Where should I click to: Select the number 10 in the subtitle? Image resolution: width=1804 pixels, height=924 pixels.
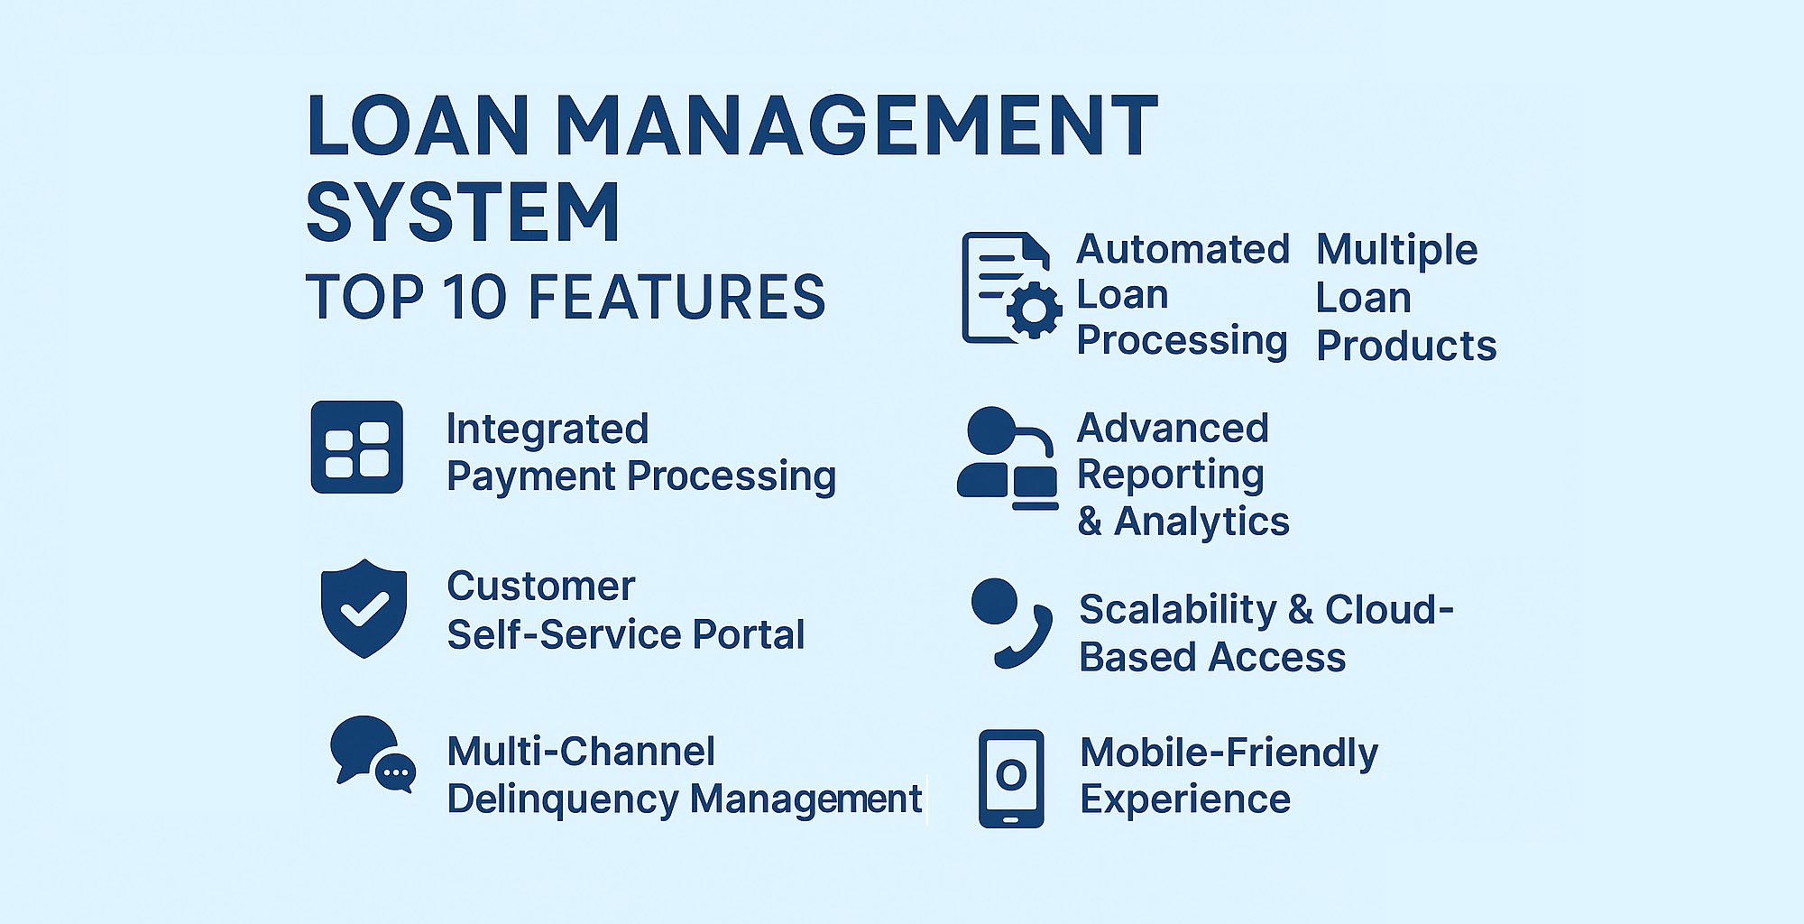(474, 297)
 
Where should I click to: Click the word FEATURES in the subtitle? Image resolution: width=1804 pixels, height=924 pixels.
(676, 297)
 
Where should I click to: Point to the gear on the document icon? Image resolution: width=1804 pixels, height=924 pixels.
(1034, 310)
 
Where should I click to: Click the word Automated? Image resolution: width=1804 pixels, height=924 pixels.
(1183, 249)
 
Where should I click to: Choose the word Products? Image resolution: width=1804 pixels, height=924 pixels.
(1406, 346)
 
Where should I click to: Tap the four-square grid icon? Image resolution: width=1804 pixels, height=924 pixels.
(357, 448)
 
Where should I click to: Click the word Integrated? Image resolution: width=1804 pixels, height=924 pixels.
(548, 430)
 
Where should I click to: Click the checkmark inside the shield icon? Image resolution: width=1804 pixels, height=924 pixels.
(364, 609)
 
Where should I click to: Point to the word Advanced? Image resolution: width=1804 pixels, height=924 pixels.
(1173, 429)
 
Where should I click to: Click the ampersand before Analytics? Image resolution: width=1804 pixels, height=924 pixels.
(1091, 522)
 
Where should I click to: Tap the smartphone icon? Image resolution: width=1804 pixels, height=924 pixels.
(1011, 779)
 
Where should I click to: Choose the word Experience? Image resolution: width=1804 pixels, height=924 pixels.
(1185, 799)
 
